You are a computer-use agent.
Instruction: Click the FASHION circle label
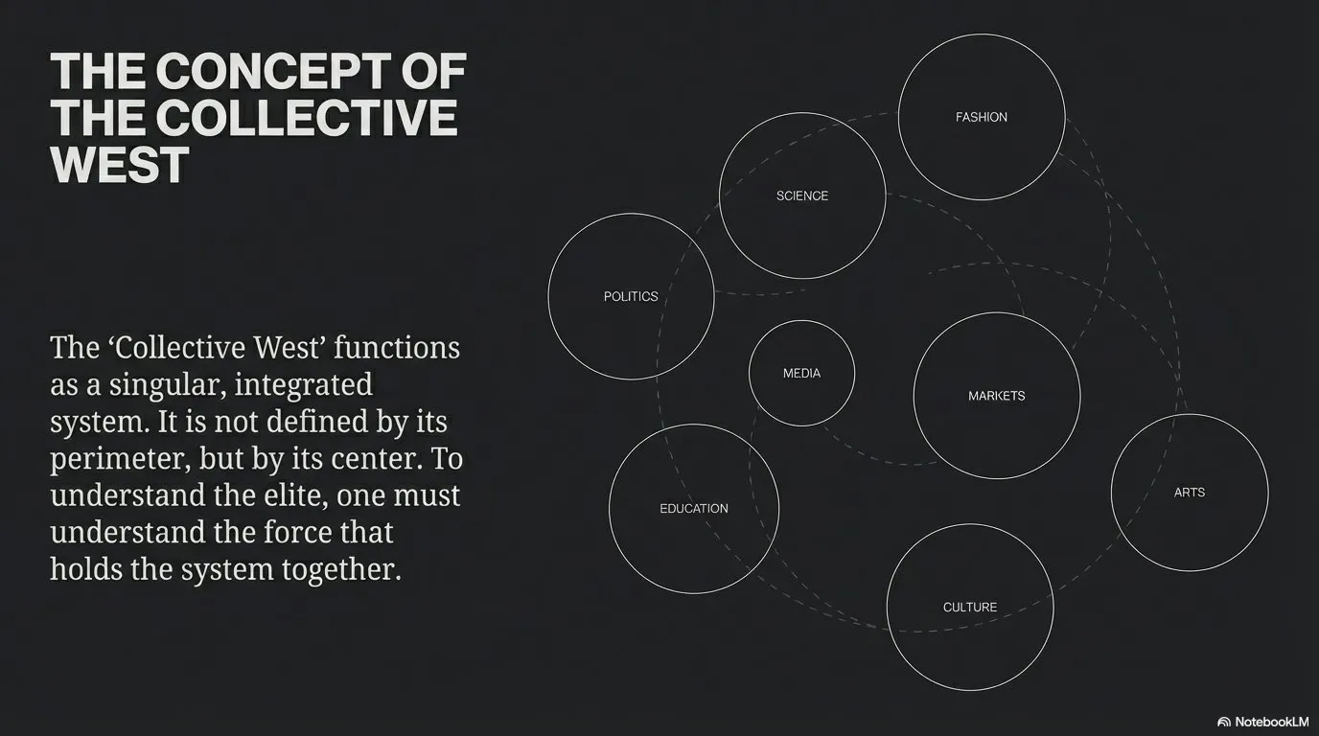pos(982,117)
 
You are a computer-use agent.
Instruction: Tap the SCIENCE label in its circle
pos(802,195)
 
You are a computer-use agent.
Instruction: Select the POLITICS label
pos(631,296)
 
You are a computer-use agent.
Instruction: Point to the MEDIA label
pos(801,373)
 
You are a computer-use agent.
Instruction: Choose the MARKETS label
pos(997,396)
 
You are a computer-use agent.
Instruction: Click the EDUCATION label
pos(694,509)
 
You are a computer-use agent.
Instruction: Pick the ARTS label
pos(1190,493)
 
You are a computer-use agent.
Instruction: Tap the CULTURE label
pos(970,608)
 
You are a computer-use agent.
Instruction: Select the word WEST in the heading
pos(119,165)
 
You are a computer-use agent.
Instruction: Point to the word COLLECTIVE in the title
pos(306,118)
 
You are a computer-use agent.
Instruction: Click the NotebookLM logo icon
pos(1224,722)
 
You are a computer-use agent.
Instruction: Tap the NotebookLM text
pos(1271,722)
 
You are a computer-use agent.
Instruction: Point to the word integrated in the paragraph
pos(303,385)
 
